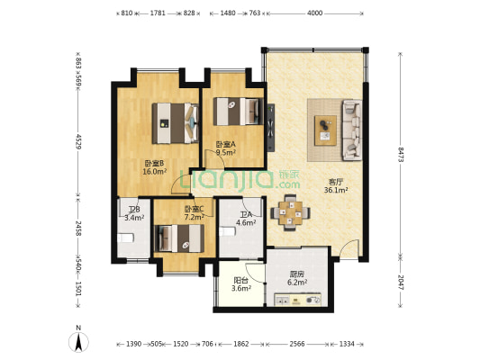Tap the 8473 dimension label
pos(401,155)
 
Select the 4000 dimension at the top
pos(314,13)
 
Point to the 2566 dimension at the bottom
pos(297,344)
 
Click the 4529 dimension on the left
pos(78,141)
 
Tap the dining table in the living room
pos(290,212)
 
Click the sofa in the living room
pos(352,130)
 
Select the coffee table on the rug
pos(325,130)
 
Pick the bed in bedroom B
pos(176,123)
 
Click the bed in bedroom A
pos(238,112)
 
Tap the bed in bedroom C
pos(179,238)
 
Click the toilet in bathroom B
pos(125,238)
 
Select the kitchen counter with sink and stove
pos(297,300)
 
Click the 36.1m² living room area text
pos(336,190)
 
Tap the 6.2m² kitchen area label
pos(297,282)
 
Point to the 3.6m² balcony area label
pos(241,288)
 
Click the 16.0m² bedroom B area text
pos(155,172)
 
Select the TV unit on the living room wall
pos(270,128)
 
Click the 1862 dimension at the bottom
pos(241,344)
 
